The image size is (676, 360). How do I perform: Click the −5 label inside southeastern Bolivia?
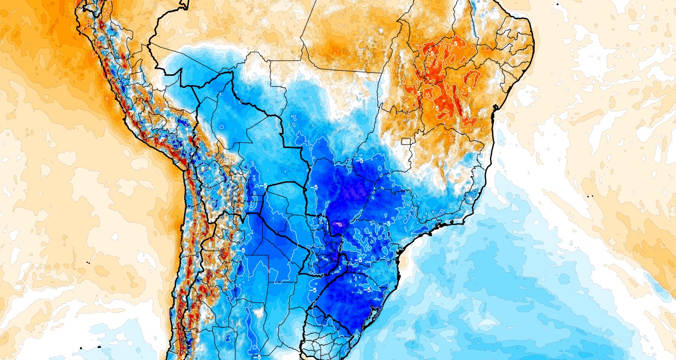click(x=264, y=186)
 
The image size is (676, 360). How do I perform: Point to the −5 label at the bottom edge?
click(x=256, y=356)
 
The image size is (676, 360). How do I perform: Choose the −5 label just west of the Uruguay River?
click(x=313, y=289)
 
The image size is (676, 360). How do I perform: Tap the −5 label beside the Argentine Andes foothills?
click(x=242, y=250)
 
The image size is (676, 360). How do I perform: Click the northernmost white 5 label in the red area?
click(x=432, y=53)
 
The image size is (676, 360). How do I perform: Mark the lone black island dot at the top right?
click(x=558, y=4)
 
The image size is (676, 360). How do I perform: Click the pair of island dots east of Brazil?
click(x=590, y=196)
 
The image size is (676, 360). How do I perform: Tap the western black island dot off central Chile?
click(x=82, y=348)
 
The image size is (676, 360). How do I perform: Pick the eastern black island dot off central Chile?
click(x=99, y=347)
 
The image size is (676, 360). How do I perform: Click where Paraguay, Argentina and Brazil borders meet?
click(x=340, y=255)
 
